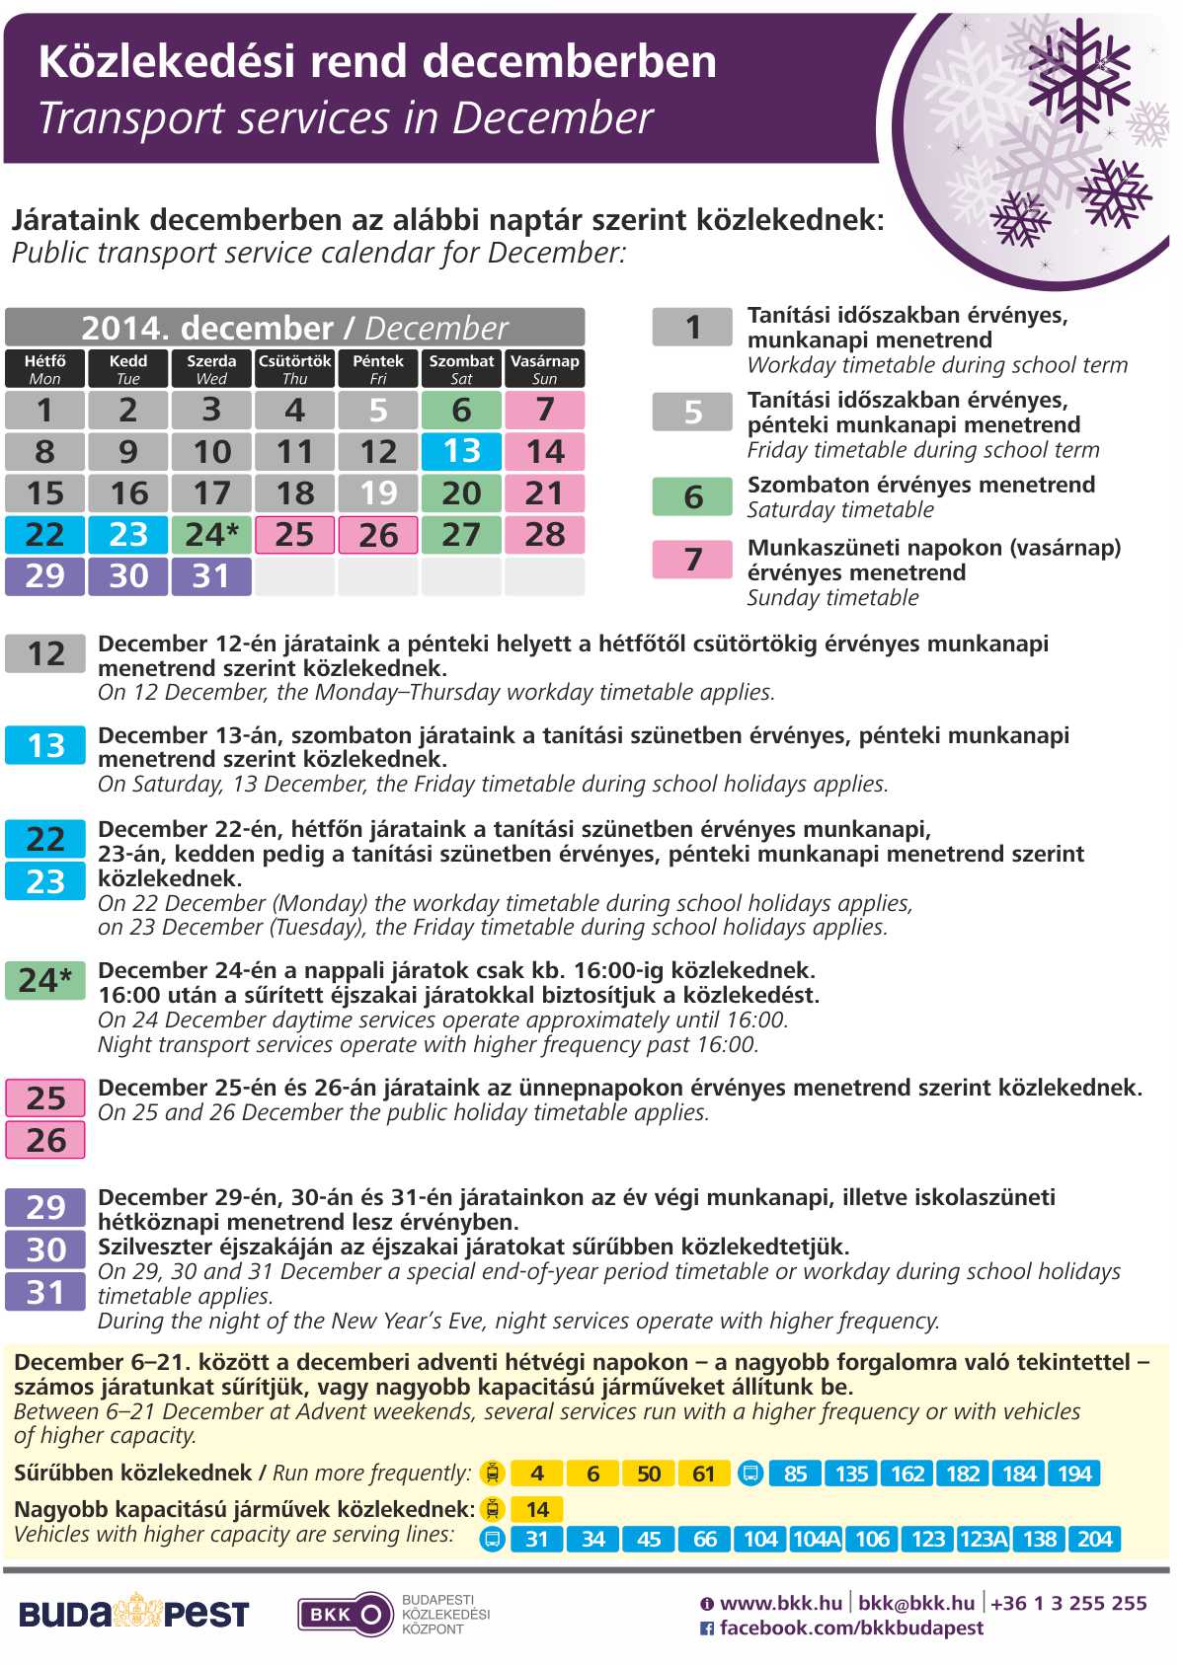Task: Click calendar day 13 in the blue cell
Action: click(461, 451)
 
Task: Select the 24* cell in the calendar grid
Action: click(211, 535)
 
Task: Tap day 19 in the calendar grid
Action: click(378, 492)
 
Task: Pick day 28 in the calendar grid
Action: click(544, 535)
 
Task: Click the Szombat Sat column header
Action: click(461, 368)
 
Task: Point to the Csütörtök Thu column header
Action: click(294, 368)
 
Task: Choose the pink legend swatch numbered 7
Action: click(692, 559)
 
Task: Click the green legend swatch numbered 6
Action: click(692, 495)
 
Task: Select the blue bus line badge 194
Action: click(1074, 1474)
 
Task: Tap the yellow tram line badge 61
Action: click(703, 1474)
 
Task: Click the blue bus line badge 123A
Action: click(984, 1539)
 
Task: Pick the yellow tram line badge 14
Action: click(537, 1509)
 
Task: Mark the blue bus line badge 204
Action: click(1095, 1539)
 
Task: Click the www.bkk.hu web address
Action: click(780, 1603)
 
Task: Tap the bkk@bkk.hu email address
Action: click(916, 1603)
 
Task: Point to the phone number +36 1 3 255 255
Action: click(1068, 1603)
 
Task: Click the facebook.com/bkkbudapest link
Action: click(850, 1627)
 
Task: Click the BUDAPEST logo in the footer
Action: click(133, 1614)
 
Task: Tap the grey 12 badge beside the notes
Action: click(45, 653)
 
